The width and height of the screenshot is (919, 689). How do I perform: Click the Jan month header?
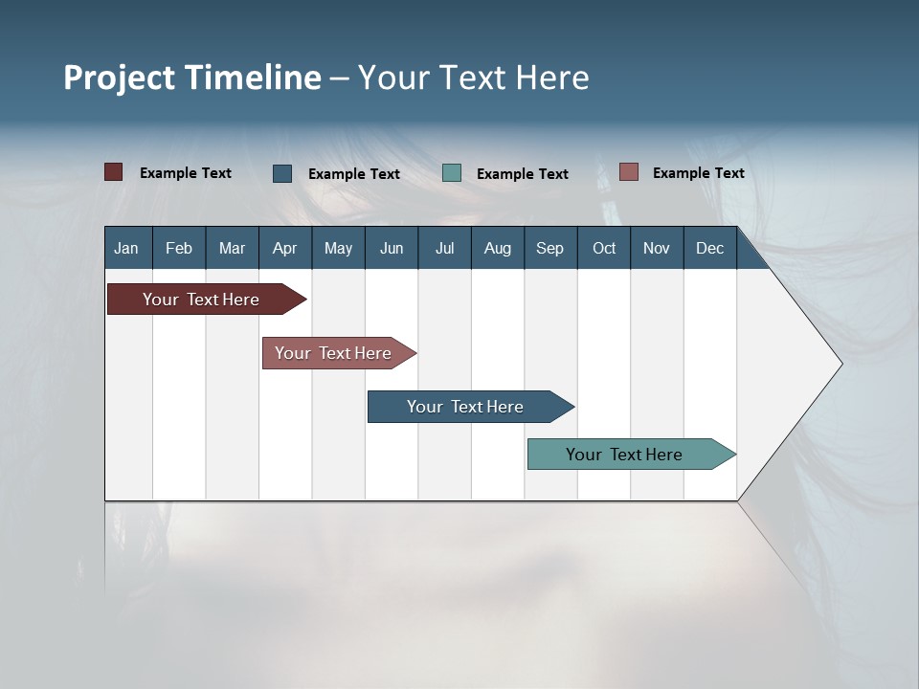[x=127, y=248]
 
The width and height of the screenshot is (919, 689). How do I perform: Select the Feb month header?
[x=179, y=248]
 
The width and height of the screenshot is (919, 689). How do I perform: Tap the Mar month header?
[x=232, y=248]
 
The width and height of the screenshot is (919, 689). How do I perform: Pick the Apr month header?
[x=285, y=248]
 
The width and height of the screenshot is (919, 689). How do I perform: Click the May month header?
[x=338, y=248]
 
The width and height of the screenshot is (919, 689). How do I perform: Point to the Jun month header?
[x=392, y=248]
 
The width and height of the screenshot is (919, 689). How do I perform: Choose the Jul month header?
[x=444, y=248]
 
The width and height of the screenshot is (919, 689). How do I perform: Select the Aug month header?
[x=498, y=248]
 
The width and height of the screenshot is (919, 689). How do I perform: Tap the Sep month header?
[x=550, y=248]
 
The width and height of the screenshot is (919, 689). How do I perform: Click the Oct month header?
[x=604, y=248]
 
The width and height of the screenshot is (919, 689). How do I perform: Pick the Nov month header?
[x=657, y=248]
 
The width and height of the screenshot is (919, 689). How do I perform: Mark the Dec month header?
[x=710, y=248]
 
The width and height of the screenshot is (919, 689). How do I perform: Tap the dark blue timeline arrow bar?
[x=466, y=407]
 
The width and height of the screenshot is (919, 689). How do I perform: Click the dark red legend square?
[x=114, y=172]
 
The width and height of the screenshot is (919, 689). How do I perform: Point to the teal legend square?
[x=452, y=173]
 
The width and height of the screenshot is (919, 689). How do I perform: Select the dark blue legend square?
[x=282, y=173]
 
